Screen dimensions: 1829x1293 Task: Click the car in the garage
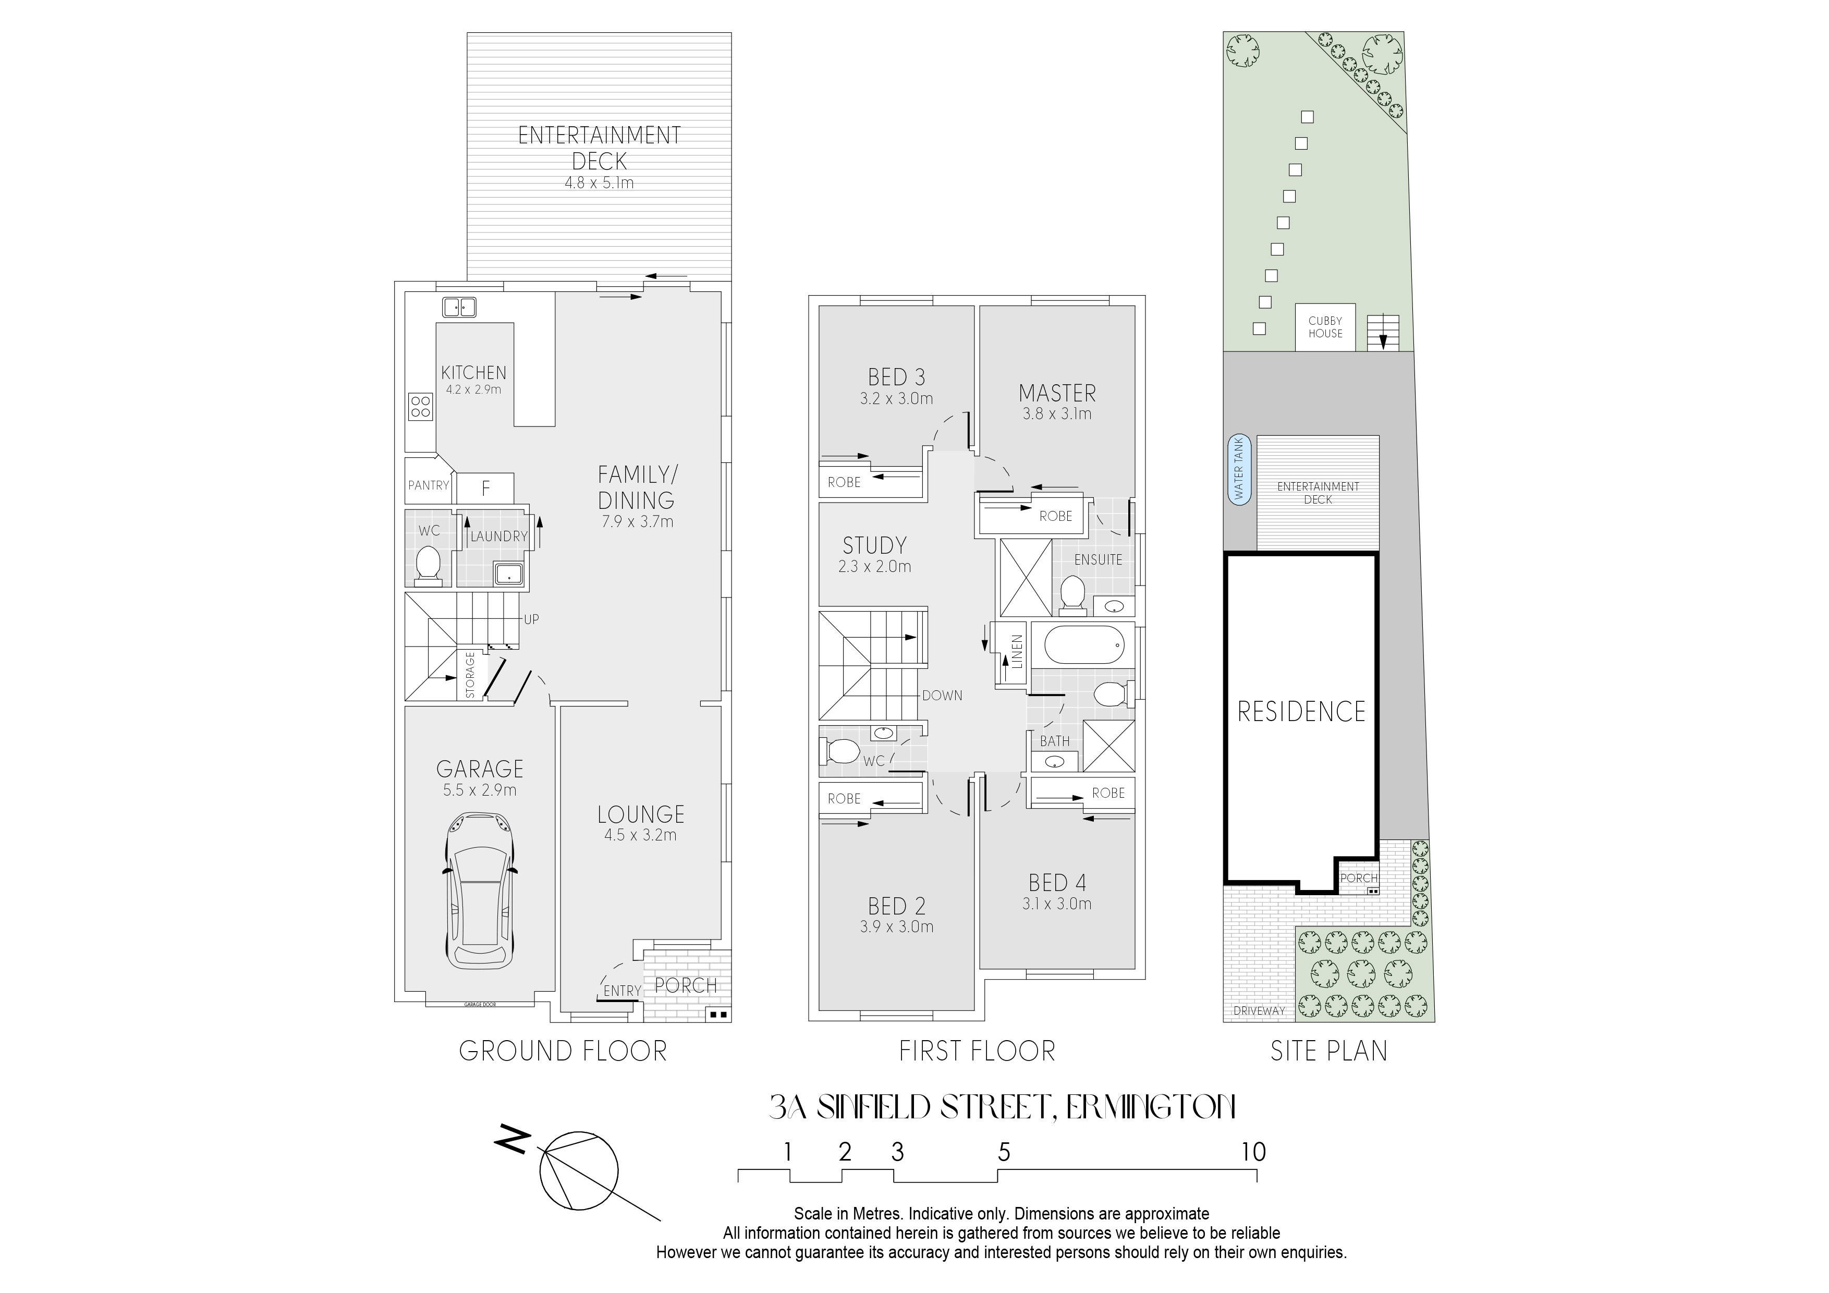[480, 890]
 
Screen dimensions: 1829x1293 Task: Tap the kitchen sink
[460, 307]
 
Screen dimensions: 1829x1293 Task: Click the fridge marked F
[485, 487]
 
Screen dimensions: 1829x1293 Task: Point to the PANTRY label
[429, 485]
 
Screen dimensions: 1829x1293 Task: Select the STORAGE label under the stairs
[470, 675]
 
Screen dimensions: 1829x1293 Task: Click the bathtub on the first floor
[1083, 645]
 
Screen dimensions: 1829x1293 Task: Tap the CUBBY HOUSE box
[1325, 327]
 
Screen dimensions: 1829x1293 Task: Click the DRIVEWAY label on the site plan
[1259, 1011]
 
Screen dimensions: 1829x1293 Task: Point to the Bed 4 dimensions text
[1057, 904]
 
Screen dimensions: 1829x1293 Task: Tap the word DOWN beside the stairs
[942, 696]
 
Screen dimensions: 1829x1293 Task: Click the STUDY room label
[875, 546]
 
